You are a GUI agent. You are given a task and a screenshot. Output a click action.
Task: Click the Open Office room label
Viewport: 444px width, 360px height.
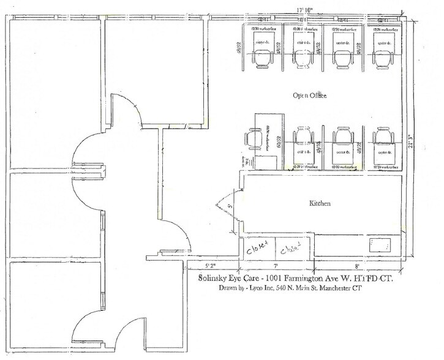pos(309,96)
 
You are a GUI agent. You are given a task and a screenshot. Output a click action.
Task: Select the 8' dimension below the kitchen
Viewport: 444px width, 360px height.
pos(356,267)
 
